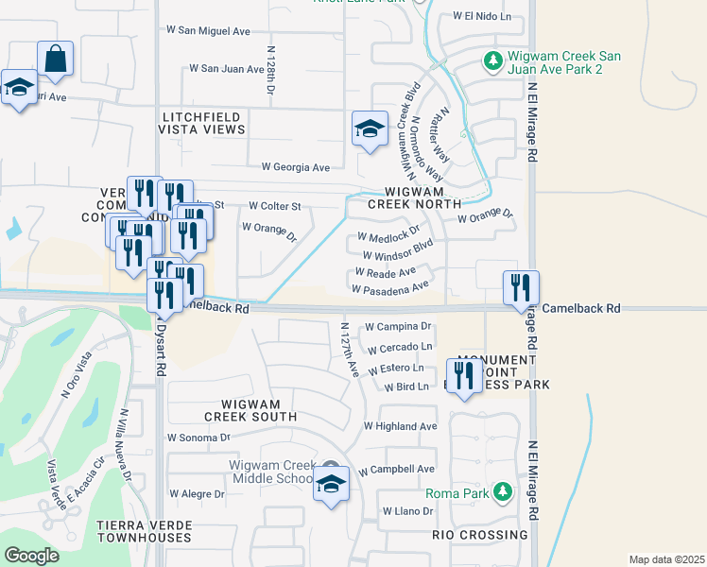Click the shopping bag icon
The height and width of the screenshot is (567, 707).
[x=56, y=59]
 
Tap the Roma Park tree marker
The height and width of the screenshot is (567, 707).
[x=504, y=491]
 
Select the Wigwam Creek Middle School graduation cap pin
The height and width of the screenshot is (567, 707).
[x=330, y=486]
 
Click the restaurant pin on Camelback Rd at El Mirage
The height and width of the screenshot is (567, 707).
[x=520, y=287]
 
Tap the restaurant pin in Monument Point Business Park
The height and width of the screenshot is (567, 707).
[x=463, y=377]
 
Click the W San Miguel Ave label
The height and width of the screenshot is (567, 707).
[x=210, y=31]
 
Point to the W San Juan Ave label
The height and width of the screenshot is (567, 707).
[x=227, y=69]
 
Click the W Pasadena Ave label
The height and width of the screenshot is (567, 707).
[x=390, y=286]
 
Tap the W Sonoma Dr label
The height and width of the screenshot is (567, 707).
[x=198, y=438]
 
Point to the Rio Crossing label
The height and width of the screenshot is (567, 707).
[x=479, y=535]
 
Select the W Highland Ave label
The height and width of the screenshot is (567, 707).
[x=400, y=426]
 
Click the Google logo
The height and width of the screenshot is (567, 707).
[x=31, y=555]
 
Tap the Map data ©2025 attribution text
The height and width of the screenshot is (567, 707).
[x=666, y=559]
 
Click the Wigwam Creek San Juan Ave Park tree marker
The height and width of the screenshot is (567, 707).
[x=491, y=61]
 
